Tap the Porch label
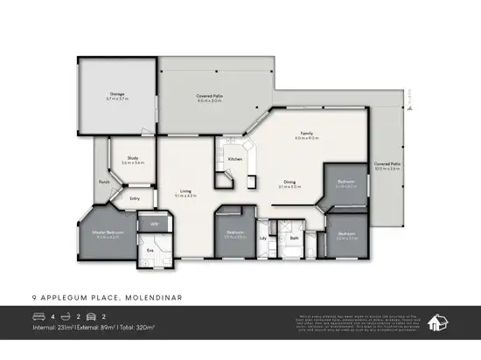pos(104,182)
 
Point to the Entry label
pos(135,198)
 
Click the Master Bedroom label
pos(110,232)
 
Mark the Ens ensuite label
pos(150,251)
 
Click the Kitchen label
pos(235,159)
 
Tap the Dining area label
pos(289,182)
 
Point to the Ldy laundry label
pos(263,236)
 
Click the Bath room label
pos(296,236)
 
